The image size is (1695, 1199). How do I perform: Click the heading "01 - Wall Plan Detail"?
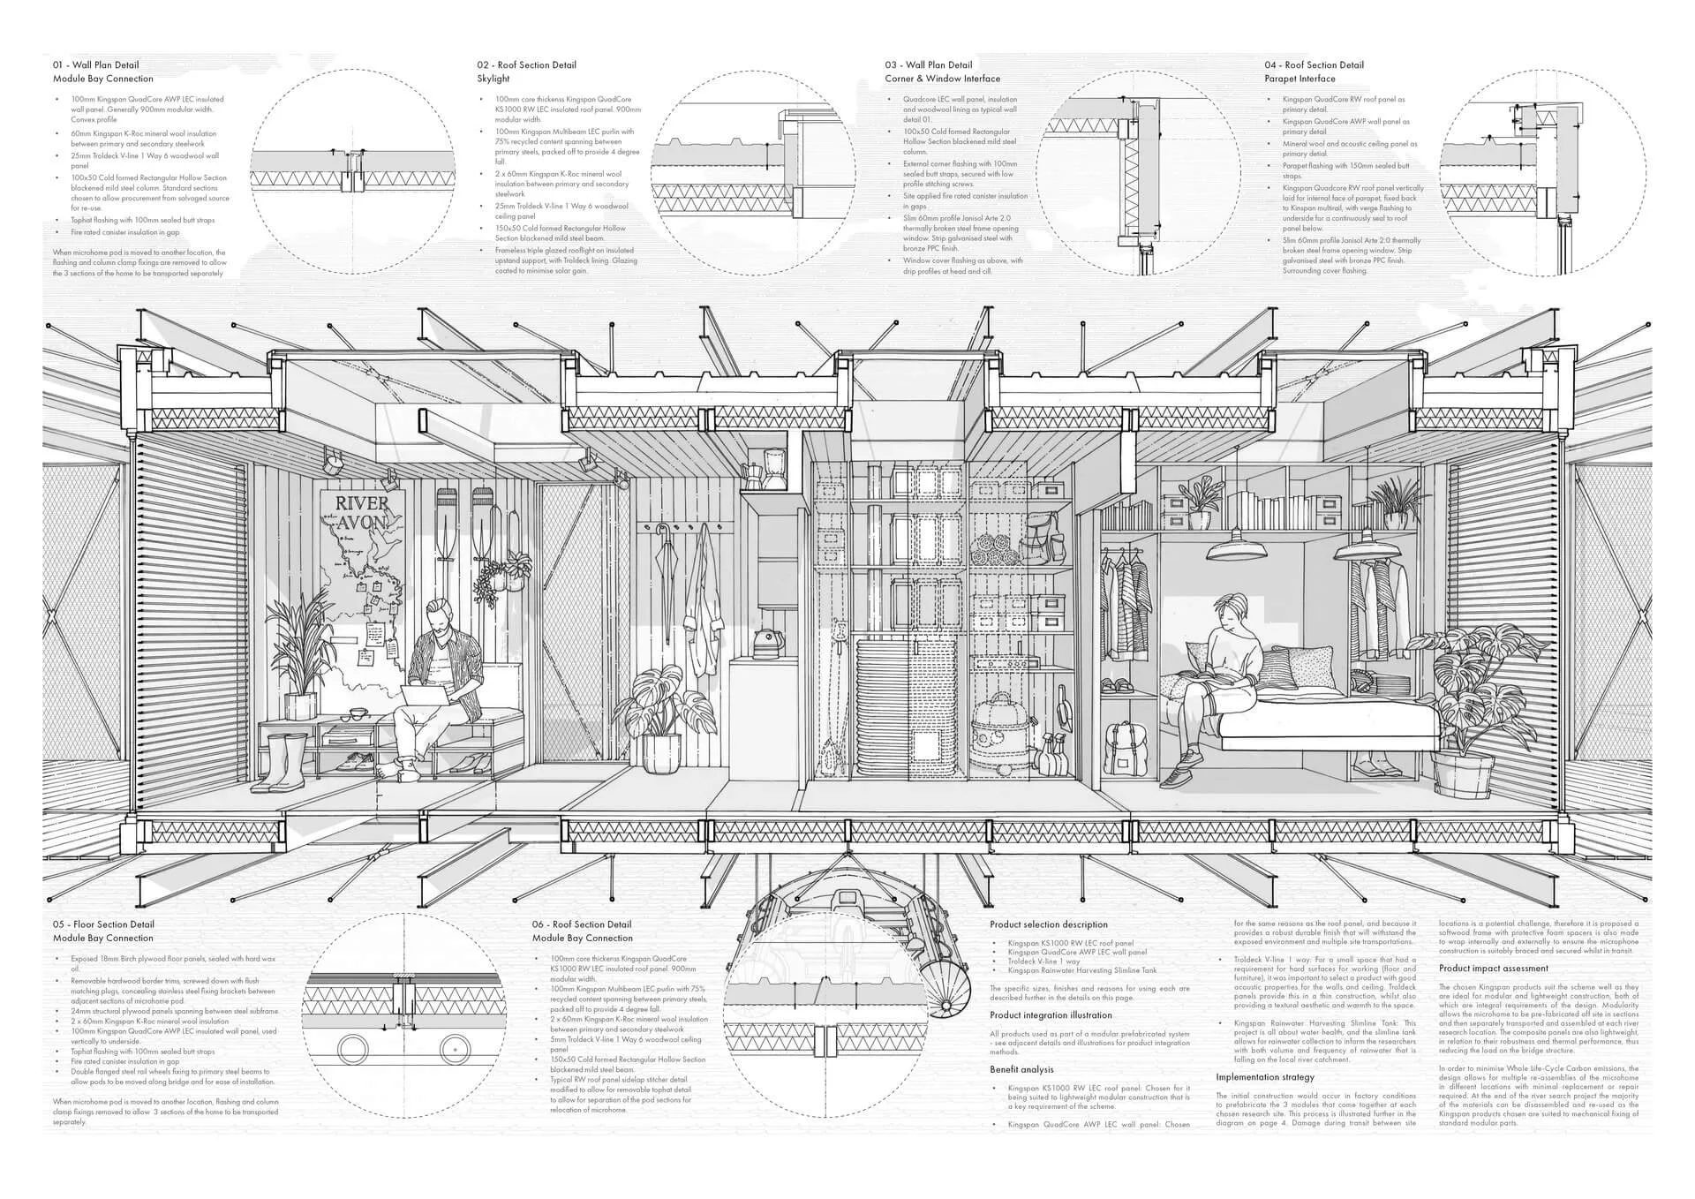click(95, 64)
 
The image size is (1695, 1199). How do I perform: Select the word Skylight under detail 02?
click(493, 79)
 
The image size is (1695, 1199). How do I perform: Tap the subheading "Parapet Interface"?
click(1299, 79)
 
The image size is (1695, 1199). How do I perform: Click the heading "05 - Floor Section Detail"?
click(103, 924)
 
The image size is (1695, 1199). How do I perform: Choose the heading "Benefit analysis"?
click(1021, 1069)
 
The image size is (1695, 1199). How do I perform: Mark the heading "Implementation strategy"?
click(1264, 1077)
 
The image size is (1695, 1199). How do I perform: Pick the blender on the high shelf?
click(776, 468)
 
